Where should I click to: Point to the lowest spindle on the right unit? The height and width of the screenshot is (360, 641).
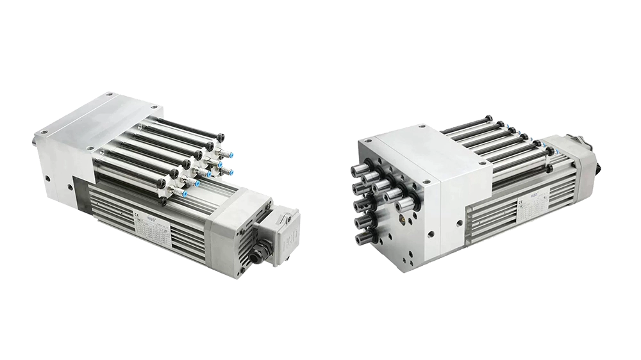[363, 240]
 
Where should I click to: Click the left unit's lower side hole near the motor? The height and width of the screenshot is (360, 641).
[71, 188]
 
